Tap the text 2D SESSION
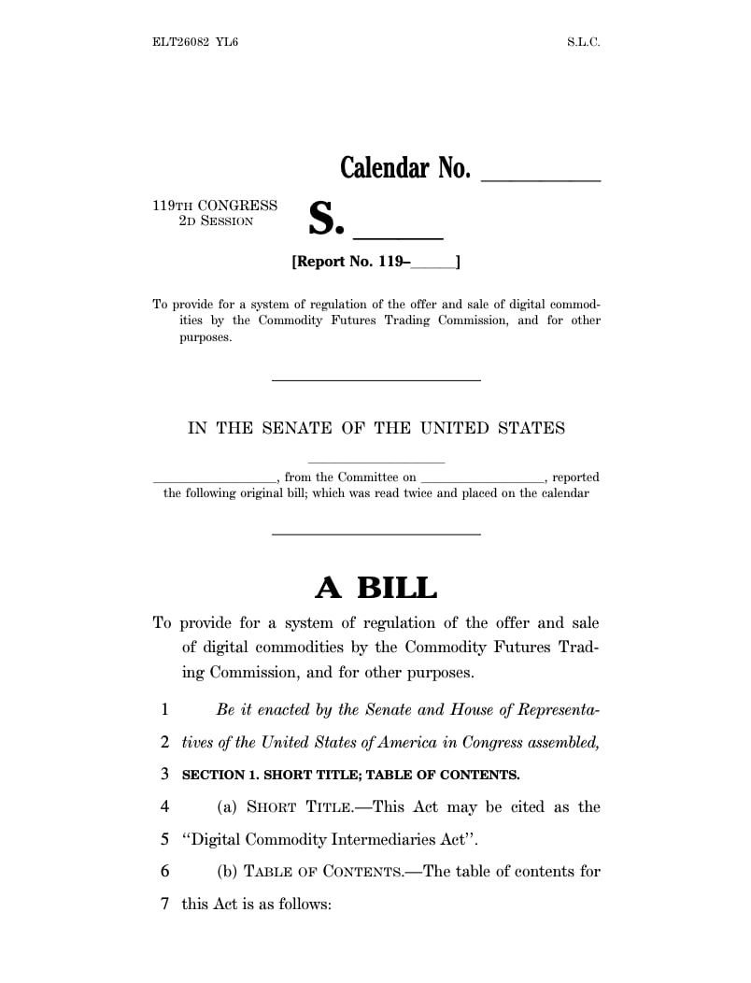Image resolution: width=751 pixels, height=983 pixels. (x=216, y=221)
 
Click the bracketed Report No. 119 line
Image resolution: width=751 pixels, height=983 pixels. (x=376, y=263)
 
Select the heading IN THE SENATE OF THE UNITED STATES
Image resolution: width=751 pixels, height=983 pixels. (x=376, y=428)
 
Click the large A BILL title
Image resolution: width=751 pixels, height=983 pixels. (x=375, y=588)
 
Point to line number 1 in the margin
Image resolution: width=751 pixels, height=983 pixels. (x=164, y=710)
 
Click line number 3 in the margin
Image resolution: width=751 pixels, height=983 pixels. (x=164, y=775)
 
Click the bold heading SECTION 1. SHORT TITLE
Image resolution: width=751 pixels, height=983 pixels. (x=350, y=775)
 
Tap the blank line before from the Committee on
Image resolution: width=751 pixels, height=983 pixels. (x=214, y=480)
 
